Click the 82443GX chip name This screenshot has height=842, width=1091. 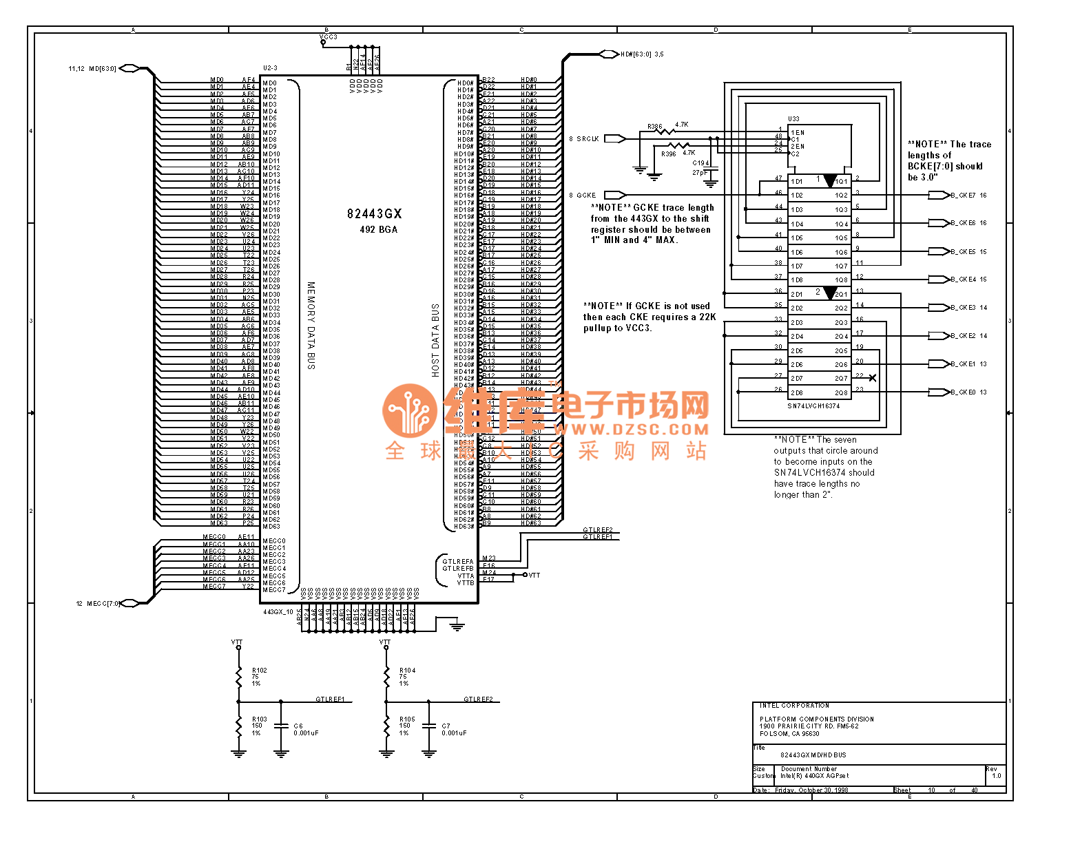(x=374, y=214)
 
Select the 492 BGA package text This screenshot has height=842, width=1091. (x=378, y=230)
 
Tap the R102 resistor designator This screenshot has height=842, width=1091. (x=259, y=671)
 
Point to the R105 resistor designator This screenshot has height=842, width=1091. (x=407, y=719)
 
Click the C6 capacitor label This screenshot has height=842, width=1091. (x=298, y=726)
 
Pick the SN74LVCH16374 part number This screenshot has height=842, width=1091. (x=813, y=406)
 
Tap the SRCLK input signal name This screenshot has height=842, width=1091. (x=588, y=139)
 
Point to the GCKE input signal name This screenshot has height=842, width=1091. (x=586, y=196)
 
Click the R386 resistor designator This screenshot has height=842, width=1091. (x=654, y=127)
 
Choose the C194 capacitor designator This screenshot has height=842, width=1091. (x=700, y=164)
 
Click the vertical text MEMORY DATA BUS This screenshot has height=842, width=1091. (x=311, y=325)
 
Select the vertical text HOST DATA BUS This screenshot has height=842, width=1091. (x=435, y=340)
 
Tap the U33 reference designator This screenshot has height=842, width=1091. (x=793, y=119)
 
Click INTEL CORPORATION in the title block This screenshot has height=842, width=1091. (x=794, y=706)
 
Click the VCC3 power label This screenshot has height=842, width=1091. (x=329, y=37)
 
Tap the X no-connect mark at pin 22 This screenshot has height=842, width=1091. (x=873, y=378)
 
